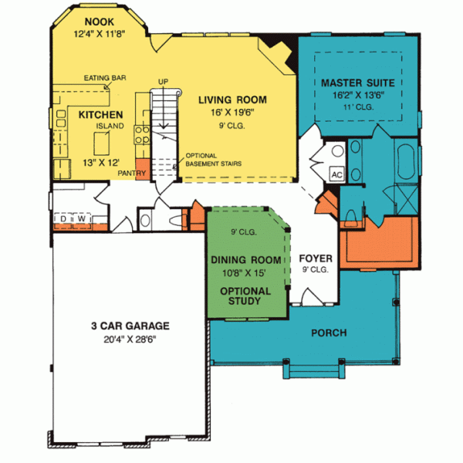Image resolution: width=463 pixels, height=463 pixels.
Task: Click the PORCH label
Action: pyautogui.click(x=330, y=333)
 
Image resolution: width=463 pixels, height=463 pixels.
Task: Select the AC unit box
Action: pyautogui.click(x=336, y=174)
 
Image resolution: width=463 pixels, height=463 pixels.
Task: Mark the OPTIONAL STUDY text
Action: pyautogui.click(x=245, y=296)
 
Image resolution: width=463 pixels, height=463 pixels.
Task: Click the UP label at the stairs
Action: pyautogui.click(x=162, y=80)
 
